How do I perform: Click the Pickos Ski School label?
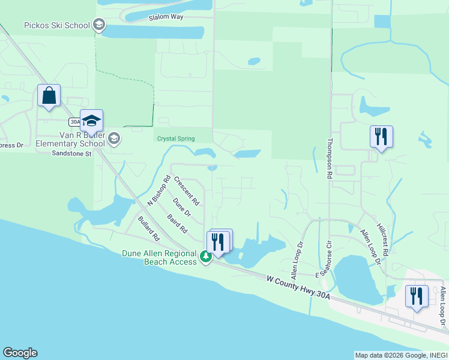56,26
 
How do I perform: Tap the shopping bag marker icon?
49,96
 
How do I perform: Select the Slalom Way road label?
166,18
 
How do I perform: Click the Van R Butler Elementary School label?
71,140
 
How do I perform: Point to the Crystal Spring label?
176,139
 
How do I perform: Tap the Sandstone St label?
71,154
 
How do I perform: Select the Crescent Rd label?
186,190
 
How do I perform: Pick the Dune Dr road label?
181,208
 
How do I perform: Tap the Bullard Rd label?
148,229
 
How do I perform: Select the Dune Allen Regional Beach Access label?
160,257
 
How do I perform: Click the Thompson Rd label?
329,160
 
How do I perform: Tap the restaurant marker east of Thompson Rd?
381,137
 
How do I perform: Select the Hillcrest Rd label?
383,241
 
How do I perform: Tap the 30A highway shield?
75,122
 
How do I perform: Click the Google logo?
20,353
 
